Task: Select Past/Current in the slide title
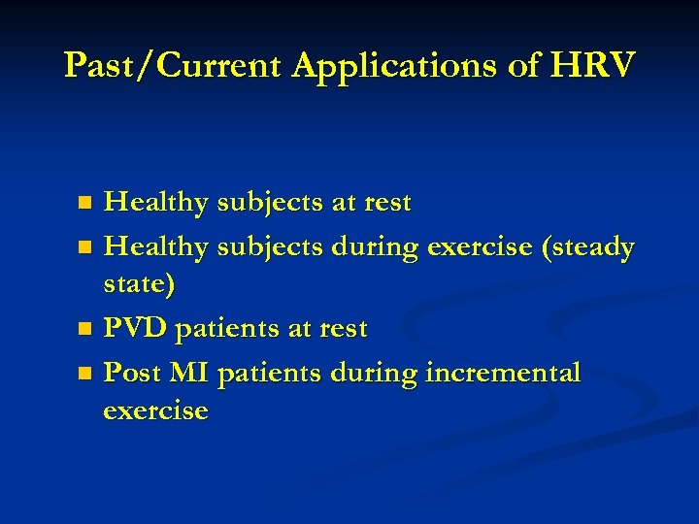(174, 65)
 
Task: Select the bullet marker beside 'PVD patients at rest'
(85, 330)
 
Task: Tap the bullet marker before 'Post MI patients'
(85, 373)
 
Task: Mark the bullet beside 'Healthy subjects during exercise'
(85, 247)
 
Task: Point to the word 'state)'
(141, 285)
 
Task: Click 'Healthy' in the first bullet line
(156, 204)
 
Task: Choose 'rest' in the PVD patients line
(340, 329)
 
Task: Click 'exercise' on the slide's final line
(155, 411)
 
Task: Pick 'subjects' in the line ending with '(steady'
(270, 248)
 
